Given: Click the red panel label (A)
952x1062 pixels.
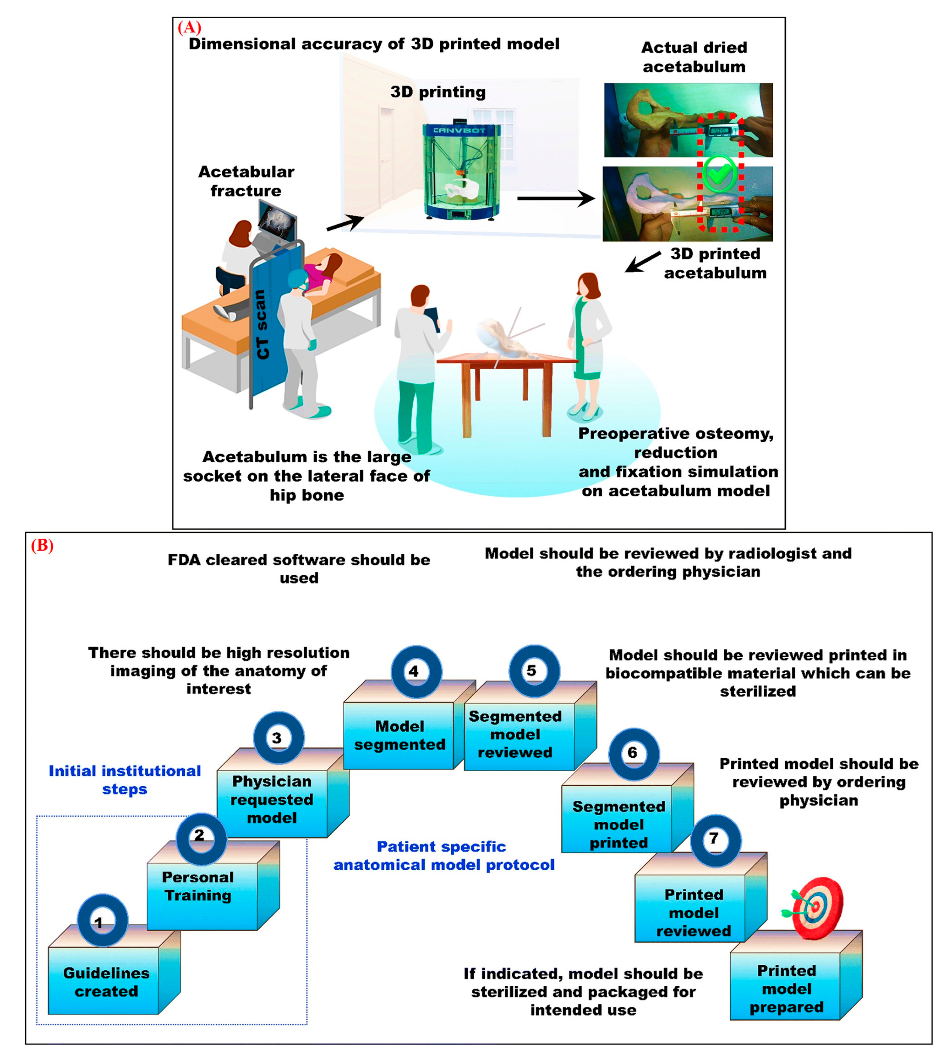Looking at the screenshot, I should tap(189, 27).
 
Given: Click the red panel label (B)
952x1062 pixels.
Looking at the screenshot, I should tap(42, 546).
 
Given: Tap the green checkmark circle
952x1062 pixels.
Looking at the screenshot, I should tap(719, 174).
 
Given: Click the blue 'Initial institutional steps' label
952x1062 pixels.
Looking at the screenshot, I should tap(125, 780).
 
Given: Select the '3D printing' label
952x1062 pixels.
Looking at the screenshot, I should tap(438, 92).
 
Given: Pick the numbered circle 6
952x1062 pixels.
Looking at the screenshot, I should tap(633, 753).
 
